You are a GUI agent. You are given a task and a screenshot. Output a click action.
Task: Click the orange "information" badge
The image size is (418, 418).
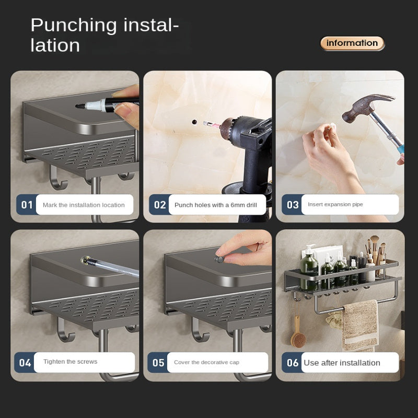coord(352,43)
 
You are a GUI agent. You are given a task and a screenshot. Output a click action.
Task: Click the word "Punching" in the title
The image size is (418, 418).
coord(74,25)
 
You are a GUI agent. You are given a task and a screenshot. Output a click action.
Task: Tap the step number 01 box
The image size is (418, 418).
coord(26,205)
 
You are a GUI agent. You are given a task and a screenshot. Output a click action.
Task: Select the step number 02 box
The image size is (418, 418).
coord(159,205)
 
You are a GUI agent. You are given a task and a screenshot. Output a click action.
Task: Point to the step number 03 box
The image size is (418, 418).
coord(292,205)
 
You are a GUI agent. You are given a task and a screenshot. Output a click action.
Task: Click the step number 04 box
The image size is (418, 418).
coord(25,362)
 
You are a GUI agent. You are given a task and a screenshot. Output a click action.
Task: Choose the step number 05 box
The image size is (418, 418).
coord(158,362)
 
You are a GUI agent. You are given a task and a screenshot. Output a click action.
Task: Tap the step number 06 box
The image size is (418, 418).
coord(292,362)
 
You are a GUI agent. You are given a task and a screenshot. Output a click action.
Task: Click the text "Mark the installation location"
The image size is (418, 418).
coord(84,205)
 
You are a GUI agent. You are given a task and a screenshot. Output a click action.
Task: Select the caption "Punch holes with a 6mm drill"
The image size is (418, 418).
coord(216,205)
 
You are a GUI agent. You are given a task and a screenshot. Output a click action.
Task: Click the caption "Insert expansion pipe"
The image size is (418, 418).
coord(335,204)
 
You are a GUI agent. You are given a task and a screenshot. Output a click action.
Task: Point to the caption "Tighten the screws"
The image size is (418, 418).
coord(70,362)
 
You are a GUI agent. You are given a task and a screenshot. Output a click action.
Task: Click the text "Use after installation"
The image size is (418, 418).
coord(342,363)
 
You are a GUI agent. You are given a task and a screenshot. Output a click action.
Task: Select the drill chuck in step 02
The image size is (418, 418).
coord(230,129)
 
